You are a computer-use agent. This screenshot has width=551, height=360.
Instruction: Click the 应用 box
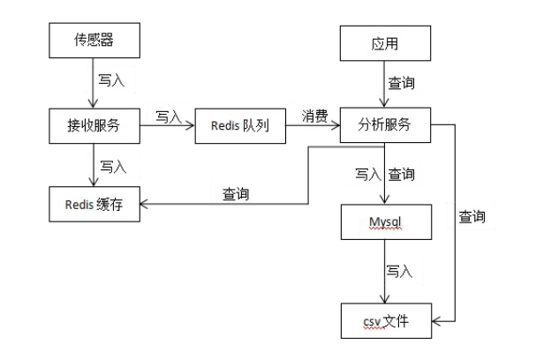pos(386,42)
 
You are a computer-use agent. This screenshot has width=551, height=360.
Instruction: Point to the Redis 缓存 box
pos(94,205)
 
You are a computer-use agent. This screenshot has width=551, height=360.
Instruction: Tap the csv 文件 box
pos(386,320)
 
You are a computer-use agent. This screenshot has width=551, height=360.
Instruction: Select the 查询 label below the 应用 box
pos(402,84)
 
